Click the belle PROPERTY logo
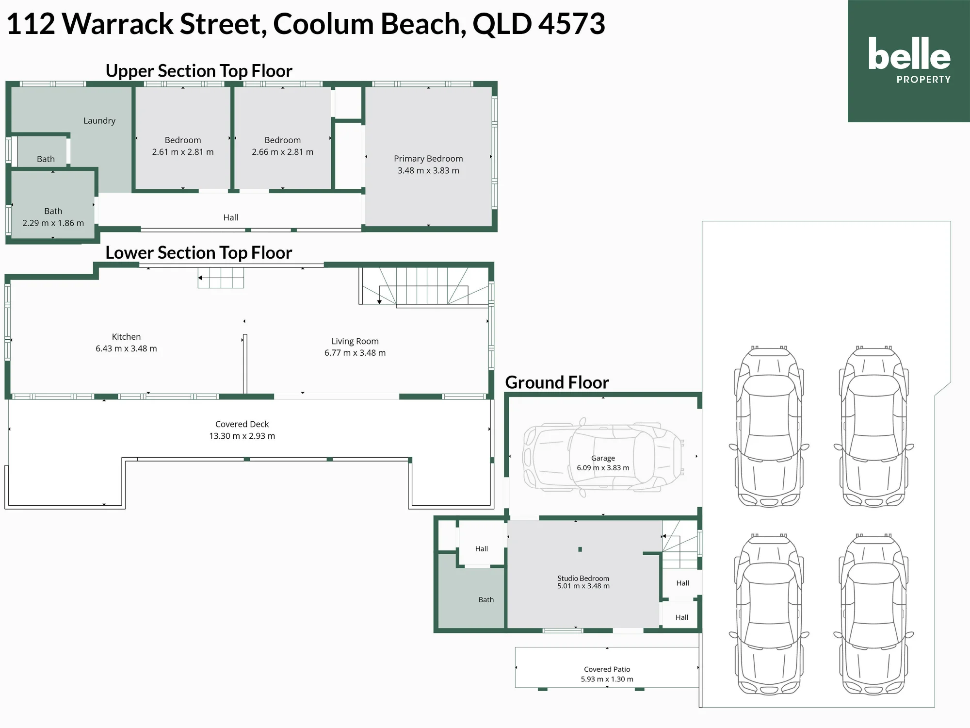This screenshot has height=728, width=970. tap(909, 60)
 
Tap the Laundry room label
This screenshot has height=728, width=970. tap(99, 121)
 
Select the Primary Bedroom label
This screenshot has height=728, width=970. tap(428, 159)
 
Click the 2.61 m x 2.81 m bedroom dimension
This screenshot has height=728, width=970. tap(183, 152)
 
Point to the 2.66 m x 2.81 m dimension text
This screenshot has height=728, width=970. tap(283, 152)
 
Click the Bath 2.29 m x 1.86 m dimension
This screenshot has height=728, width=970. tap(53, 223)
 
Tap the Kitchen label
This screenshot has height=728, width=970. tap(126, 337)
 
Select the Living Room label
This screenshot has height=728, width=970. tap(355, 341)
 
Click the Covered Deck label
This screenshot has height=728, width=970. tap(242, 424)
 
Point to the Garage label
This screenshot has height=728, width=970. tap(603, 458)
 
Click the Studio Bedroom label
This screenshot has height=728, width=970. tap(583, 578)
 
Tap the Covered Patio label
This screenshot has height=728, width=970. tap(607, 669)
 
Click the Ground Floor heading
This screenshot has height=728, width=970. tap(557, 382)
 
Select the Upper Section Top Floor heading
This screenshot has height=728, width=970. tap(199, 71)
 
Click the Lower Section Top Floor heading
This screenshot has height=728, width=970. tap(199, 253)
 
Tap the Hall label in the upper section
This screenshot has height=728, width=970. tap(231, 217)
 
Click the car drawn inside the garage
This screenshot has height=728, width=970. tap(603, 457)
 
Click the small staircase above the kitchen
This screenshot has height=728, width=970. tap(221, 278)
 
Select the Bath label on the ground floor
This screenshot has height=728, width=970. tap(486, 600)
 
